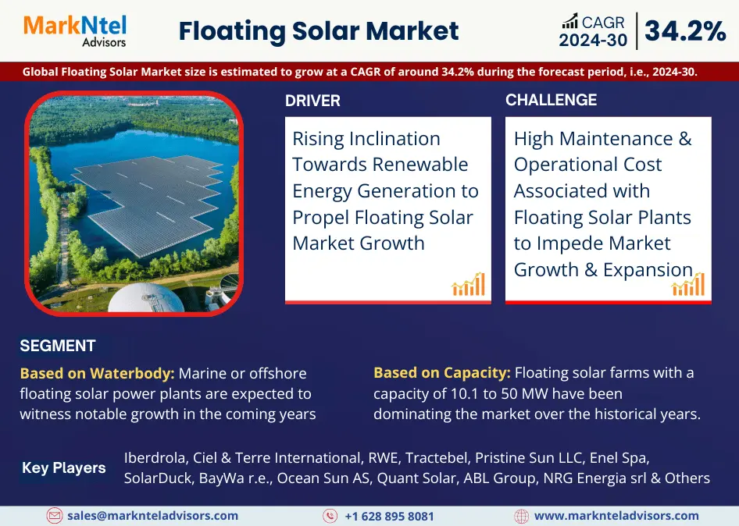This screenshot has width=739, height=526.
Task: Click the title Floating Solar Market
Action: click(319, 31)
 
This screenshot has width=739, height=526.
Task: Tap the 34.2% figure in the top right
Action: click(685, 31)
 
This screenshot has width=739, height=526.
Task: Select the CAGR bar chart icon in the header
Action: click(570, 21)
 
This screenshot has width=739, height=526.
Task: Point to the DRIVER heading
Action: click(312, 101)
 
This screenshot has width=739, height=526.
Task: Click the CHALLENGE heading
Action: click(551, 100)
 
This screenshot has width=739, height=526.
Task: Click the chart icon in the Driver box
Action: click(469, 285)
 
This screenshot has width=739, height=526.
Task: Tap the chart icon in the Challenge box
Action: click(688, 285)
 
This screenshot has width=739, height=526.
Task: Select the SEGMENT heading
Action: click(58, 346)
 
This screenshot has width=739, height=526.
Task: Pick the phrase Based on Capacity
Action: click(441, 373)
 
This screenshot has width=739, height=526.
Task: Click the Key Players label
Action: click(64, 468)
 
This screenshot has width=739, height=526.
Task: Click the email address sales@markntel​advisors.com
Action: click(152, 516)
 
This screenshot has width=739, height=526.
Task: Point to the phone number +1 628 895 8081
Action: click(389, 516)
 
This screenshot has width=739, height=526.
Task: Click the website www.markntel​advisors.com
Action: click(616, 516)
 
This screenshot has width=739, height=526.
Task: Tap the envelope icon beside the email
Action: click(54, 516)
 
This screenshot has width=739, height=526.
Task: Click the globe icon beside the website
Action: click(521, 516)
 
